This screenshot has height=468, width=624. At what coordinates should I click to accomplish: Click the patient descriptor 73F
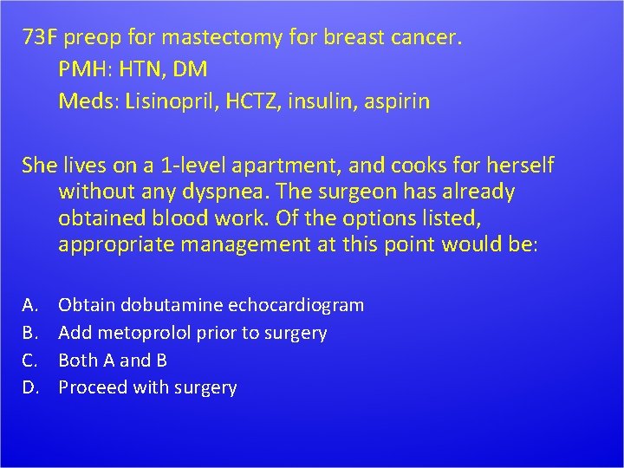(x=41, y=38)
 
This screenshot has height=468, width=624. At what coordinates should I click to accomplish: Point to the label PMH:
(x=85, y=69)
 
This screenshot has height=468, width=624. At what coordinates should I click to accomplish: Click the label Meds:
(x=88, y=101)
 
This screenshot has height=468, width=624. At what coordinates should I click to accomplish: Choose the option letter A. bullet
(x=30, y=305)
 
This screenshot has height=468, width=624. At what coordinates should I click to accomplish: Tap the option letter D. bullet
(x=31, y=387)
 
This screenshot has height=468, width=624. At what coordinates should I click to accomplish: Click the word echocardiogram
(x=296, y=305)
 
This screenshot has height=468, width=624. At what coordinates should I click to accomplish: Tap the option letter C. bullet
(x=30, y=360)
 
